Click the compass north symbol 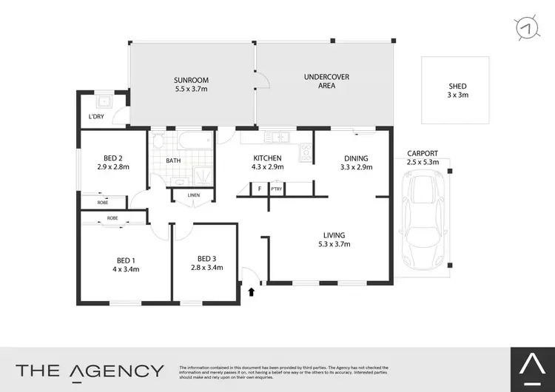526,27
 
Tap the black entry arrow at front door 252,291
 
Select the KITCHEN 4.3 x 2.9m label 269,163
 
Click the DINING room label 355,163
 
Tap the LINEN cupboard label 194,195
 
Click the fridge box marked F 260,189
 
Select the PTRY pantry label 277,189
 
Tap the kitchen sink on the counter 279,136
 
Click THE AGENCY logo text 90,370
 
